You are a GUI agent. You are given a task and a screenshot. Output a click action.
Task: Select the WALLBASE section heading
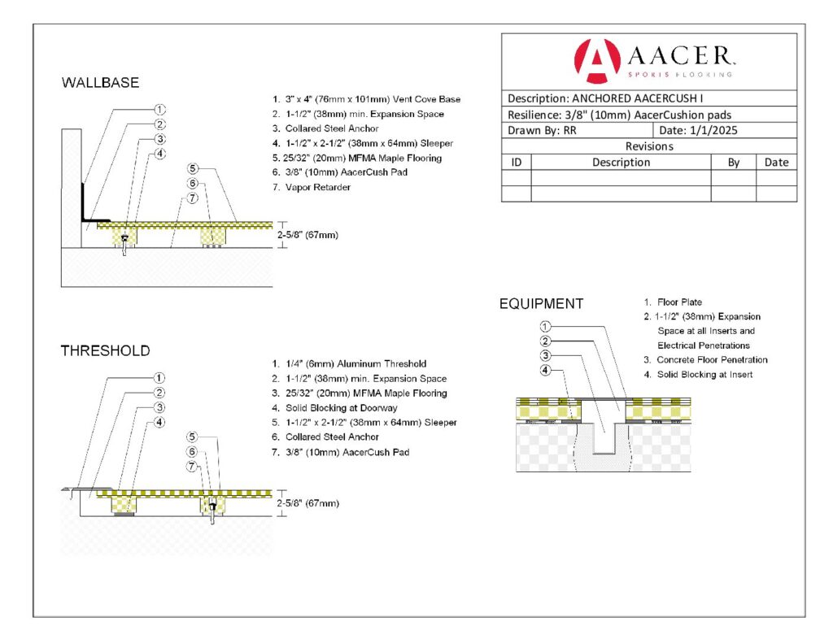(100, 83)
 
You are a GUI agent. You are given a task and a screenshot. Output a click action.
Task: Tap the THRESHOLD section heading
(105, 351)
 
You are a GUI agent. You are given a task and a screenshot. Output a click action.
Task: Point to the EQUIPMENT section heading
(541, 304)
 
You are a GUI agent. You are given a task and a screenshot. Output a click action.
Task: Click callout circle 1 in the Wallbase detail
(160, 109)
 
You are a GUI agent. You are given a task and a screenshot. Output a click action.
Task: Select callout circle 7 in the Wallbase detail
(193, 198)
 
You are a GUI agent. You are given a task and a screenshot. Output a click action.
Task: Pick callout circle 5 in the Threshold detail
(193, 437)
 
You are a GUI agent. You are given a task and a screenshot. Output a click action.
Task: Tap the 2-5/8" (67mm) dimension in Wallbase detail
(307, 235)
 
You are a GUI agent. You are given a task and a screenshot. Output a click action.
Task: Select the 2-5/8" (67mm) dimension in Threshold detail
(307, 503)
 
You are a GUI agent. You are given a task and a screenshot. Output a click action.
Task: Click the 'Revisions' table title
(648, 146)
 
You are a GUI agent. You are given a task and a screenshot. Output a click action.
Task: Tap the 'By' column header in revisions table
(733, 162)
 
